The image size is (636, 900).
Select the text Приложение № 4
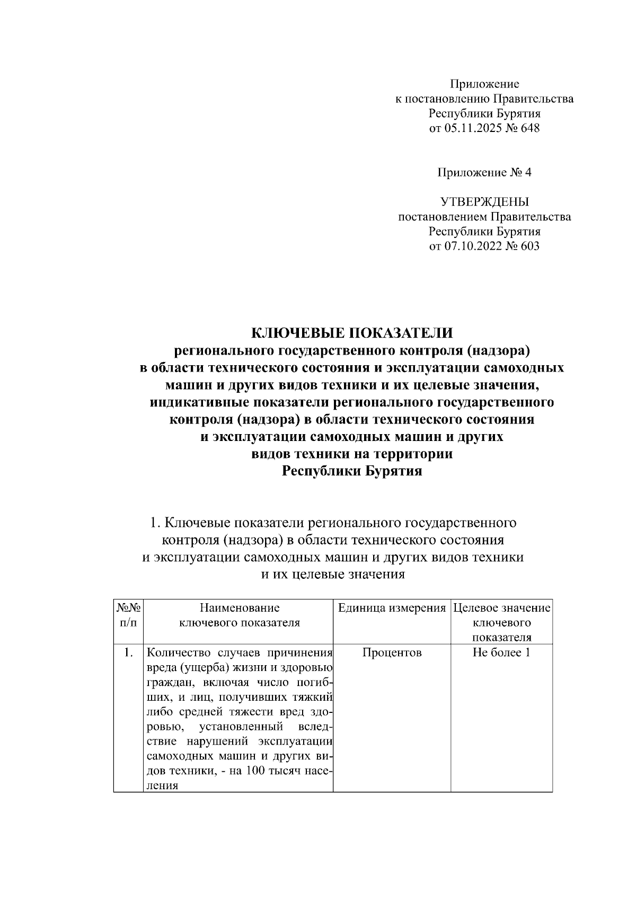pos(484,172)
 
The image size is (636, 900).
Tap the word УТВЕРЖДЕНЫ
pos(484,202)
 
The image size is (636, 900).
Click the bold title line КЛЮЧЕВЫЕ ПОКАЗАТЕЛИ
pos(352,332)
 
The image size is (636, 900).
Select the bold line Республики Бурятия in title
pos(352,471)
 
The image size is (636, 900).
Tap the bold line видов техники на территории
pos(352,454)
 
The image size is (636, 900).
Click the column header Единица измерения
pos(392,608)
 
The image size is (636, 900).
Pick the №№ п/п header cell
pos(128,615)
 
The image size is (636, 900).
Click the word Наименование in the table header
pos(240,608)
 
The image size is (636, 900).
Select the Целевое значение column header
pos(501,608)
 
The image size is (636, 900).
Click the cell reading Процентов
pos(392,652)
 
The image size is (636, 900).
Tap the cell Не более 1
pos(501,652)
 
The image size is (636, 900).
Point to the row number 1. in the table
pos(128,652)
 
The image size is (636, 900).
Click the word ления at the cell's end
pos(162,786)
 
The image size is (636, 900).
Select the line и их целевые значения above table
pos(334,575)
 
